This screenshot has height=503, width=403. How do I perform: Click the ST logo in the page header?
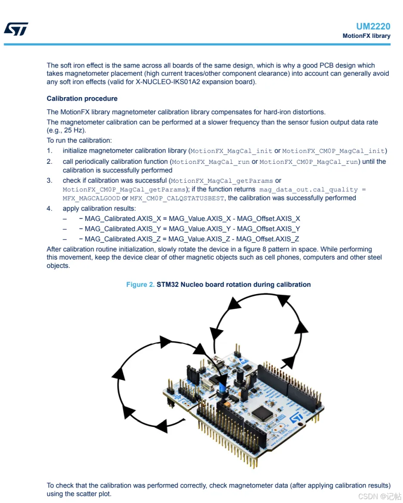tap(16, 29)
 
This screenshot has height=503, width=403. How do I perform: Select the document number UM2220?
tap(373, 27)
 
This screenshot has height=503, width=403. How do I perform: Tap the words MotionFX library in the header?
tap(366, 36)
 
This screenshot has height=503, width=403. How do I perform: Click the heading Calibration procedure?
tap(82, 98)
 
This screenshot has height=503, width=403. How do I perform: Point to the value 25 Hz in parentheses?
tap(74, 130)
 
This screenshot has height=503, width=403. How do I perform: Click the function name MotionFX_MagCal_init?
tap(231, 151)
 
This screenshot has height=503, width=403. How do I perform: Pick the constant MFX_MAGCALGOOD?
tap(91, 198)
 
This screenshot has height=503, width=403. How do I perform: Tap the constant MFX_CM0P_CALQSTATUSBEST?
tap(177, 198)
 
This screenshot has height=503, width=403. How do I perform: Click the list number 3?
tap(49, 181)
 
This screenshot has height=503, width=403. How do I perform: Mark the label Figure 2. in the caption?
tap(140, 285)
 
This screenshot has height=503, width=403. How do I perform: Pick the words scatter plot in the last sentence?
tap(95, 494)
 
